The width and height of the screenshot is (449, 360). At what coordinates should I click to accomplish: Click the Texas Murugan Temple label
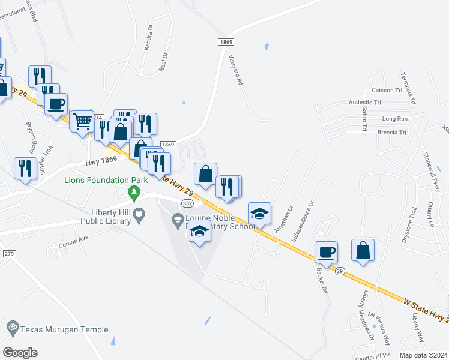[64, 329]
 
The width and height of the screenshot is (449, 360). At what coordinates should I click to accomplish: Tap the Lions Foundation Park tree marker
[134, 193]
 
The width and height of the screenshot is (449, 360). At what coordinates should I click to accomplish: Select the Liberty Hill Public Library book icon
[139, 214]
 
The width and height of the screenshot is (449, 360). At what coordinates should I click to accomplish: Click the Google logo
[20, 353]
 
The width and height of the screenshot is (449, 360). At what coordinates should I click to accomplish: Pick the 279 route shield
[8, 254]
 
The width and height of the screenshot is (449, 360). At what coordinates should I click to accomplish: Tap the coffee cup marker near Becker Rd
[326, 253]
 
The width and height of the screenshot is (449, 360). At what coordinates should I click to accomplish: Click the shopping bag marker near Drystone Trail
[363, 251]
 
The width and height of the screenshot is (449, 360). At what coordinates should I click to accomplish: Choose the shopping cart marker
[82, 121]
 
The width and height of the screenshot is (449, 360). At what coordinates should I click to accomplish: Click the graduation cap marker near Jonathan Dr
[259, 214]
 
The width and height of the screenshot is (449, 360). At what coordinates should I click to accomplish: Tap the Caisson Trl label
[387, 90]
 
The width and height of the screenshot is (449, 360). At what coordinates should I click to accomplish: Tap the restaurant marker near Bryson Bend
[25, 168]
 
